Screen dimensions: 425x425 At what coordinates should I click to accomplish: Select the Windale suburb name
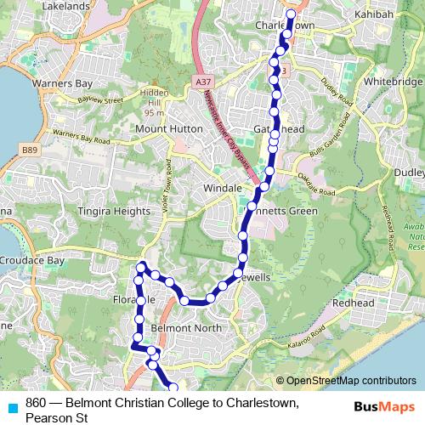pos(223,187)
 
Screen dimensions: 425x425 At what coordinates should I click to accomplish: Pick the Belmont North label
pos(185,328)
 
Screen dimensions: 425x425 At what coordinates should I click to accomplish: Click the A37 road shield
pos(201,82)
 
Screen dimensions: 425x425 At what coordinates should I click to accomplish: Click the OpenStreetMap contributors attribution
pos(346,381)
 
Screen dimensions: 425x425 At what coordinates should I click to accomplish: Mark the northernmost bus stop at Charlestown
pos(291,14)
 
